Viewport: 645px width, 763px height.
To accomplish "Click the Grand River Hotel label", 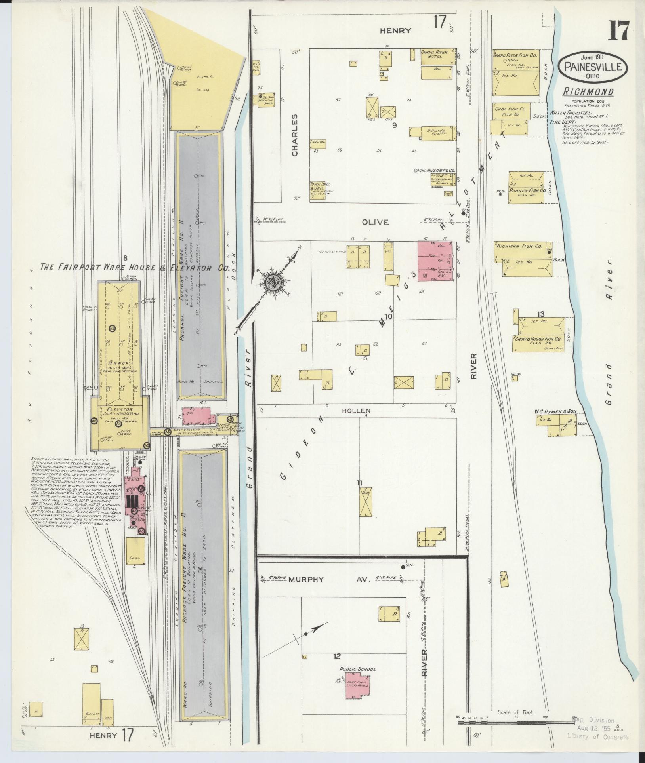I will click(x=434, y=54).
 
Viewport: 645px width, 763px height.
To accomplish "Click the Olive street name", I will click(x=375, y=222).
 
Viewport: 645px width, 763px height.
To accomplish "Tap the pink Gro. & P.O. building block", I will click(x=435, y=261).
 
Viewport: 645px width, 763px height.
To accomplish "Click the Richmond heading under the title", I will click(x=588, y=92).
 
